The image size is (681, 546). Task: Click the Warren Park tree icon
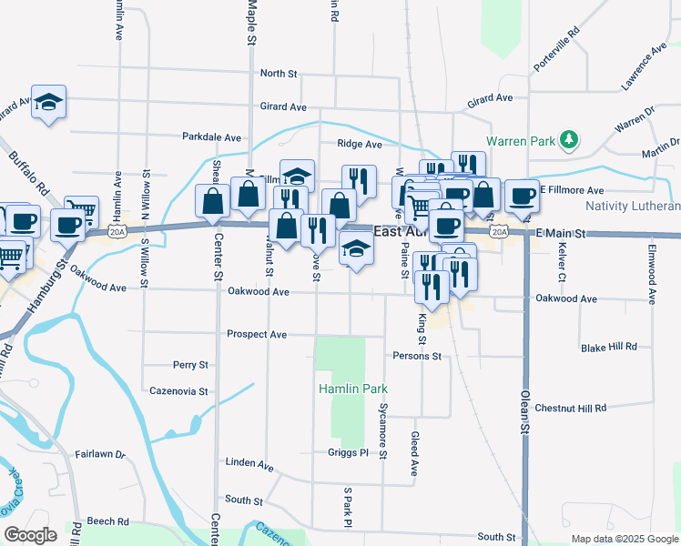pos(569,139)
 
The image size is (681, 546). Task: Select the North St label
pos(279,73)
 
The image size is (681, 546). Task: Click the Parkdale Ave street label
pos(211,137)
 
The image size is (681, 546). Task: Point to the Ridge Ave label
pos(360,144)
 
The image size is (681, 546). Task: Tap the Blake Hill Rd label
pos(608,348)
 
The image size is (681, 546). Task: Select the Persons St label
pos(417,356)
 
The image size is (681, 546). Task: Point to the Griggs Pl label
pos(347,452)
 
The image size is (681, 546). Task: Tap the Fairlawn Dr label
pos(99,453)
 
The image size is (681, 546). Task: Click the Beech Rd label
pos(108,521)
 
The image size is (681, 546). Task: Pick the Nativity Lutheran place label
pos(632,206)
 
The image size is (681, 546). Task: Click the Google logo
pos(30,535)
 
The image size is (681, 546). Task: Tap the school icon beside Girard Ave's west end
pos(49,102)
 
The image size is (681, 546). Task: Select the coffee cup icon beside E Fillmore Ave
pos(522,195)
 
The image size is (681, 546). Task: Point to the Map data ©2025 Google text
pos(624,539)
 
